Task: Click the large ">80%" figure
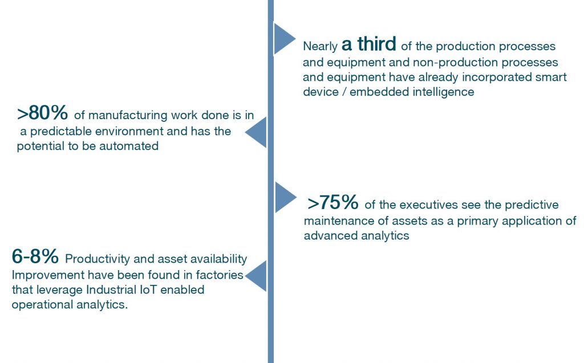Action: [x=42, y=113]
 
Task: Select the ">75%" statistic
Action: [x=333, y=202]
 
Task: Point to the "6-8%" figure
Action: [x=35, y=256]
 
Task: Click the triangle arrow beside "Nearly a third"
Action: [x=285, y=39]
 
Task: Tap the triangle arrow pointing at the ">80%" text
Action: [x=256, y=132]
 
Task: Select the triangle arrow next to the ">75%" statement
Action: [x=286, y=197]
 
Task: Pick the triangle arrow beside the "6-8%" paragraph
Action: [x=256, y=276]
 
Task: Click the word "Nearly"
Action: [x=321, y=47]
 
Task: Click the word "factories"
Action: [x=220, y=275]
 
